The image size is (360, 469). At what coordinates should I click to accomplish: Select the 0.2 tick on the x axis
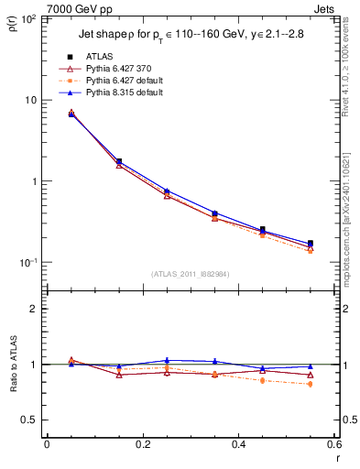click(x=142, y=445)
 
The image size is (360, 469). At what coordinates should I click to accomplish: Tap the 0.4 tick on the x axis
click(x=238, y=445)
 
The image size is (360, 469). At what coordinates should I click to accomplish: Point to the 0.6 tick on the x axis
click(x=333, y=445)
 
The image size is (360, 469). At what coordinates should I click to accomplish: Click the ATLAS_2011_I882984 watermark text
click(x=191, y=273)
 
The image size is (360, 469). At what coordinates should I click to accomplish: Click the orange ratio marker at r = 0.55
click(x=311, y=384)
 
